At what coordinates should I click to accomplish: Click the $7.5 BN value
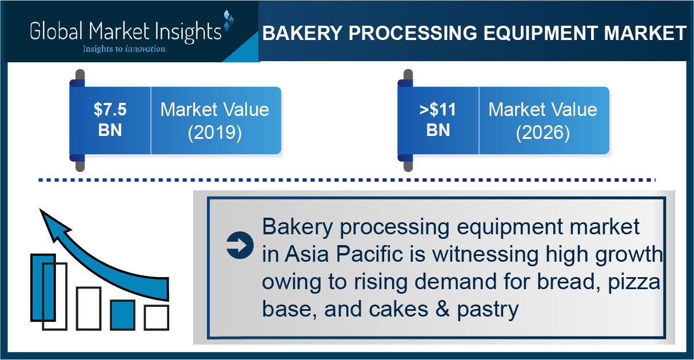tap(110, 119)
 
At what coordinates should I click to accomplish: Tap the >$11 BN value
tap(438, 119)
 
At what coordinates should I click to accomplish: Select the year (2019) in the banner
tap(215, 133)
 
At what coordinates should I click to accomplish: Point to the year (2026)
tap(543, 133)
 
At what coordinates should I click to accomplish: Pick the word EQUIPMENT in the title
tap(541, 33)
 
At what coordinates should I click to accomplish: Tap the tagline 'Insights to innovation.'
tap(125, 49)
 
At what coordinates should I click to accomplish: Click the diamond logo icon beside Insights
tap(229, 20)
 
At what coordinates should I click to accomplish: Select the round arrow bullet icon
tap(240, 245)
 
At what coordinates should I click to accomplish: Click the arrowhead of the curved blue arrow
tap(53, 224)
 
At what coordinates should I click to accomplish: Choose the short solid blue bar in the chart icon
tap(123, 314)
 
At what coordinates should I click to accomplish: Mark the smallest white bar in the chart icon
tap(157, 317)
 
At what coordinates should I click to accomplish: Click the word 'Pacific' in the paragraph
tap(370, 254)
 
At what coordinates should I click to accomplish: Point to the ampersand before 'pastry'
tap(442, 309)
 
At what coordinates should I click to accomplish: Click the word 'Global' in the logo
tap(57, 31)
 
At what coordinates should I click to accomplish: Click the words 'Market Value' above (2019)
tap(215, 109)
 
